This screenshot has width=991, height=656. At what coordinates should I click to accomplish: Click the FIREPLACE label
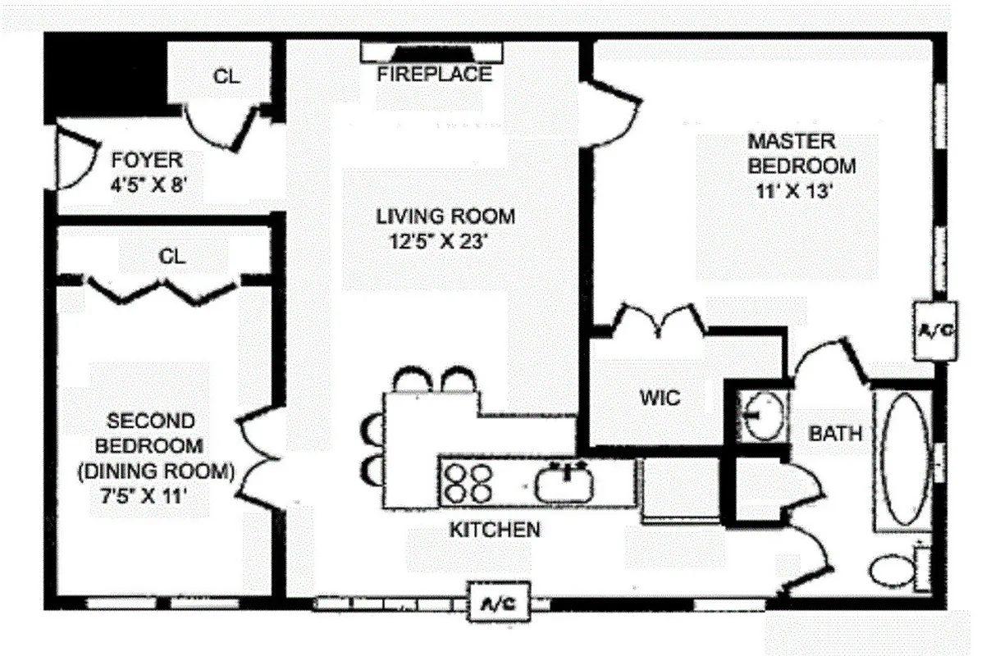[434, 75]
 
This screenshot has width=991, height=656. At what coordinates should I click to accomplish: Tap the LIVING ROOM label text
[445, 217]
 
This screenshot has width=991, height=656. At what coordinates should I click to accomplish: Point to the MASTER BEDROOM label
[801, 153]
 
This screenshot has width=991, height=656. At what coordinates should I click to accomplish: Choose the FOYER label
[148, 160]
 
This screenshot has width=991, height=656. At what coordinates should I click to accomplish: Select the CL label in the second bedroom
[172, 257]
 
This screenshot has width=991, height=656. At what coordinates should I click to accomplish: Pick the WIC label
[660, 399]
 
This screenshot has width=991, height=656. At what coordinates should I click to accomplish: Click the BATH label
[836, 433]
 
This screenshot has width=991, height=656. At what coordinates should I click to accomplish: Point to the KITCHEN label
[495, 530]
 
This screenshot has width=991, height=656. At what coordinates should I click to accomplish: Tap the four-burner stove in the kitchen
[468, 482]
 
